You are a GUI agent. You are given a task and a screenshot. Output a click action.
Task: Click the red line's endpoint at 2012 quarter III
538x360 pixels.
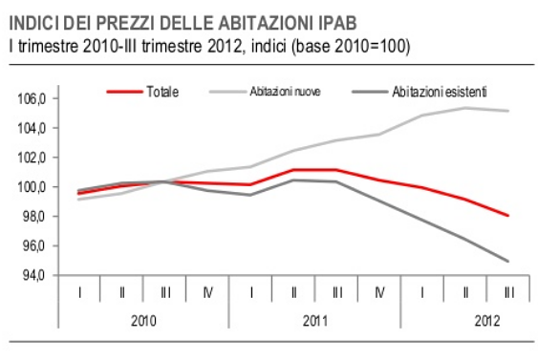(507, 216)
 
